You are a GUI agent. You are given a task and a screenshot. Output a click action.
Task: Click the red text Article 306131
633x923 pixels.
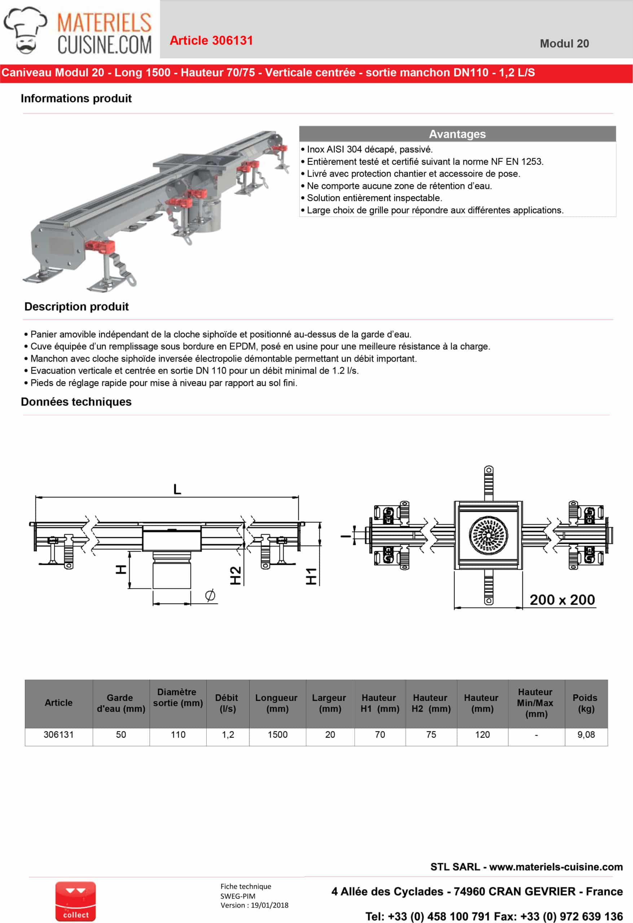point(211,40)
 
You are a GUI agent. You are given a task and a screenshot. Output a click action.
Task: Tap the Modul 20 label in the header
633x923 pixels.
point(564,44)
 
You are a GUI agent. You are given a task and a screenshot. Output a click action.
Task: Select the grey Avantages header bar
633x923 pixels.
point(457,134)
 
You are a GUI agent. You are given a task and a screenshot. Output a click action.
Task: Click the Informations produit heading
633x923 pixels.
point(76,98)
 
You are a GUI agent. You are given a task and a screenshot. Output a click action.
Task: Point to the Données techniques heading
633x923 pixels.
point(76,402)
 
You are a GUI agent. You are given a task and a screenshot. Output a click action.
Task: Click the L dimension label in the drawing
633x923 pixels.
point(177,489)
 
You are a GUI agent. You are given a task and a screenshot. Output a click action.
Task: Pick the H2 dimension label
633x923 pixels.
point(236,575)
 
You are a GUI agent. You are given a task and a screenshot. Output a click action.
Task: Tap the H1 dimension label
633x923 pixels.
point(311,576)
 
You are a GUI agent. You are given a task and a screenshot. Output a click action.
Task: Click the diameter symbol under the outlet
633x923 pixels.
point(210,595)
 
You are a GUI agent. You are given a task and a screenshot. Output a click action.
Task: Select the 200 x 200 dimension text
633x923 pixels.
point(562,600)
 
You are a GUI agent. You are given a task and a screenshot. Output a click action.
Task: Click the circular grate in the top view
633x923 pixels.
point(488,535)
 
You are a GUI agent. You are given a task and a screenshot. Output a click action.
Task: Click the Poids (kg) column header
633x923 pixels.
point(585,703)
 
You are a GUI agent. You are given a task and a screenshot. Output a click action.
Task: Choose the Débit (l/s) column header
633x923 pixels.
point(227,703)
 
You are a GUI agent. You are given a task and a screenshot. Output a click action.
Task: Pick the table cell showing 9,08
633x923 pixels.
point(586,735)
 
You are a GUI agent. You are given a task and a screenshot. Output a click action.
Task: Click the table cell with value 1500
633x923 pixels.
point(277,735)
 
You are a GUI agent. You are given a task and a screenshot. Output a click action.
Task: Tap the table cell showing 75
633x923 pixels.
point(431,735)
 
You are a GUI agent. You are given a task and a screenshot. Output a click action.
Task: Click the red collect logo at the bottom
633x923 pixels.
point(75,902)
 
